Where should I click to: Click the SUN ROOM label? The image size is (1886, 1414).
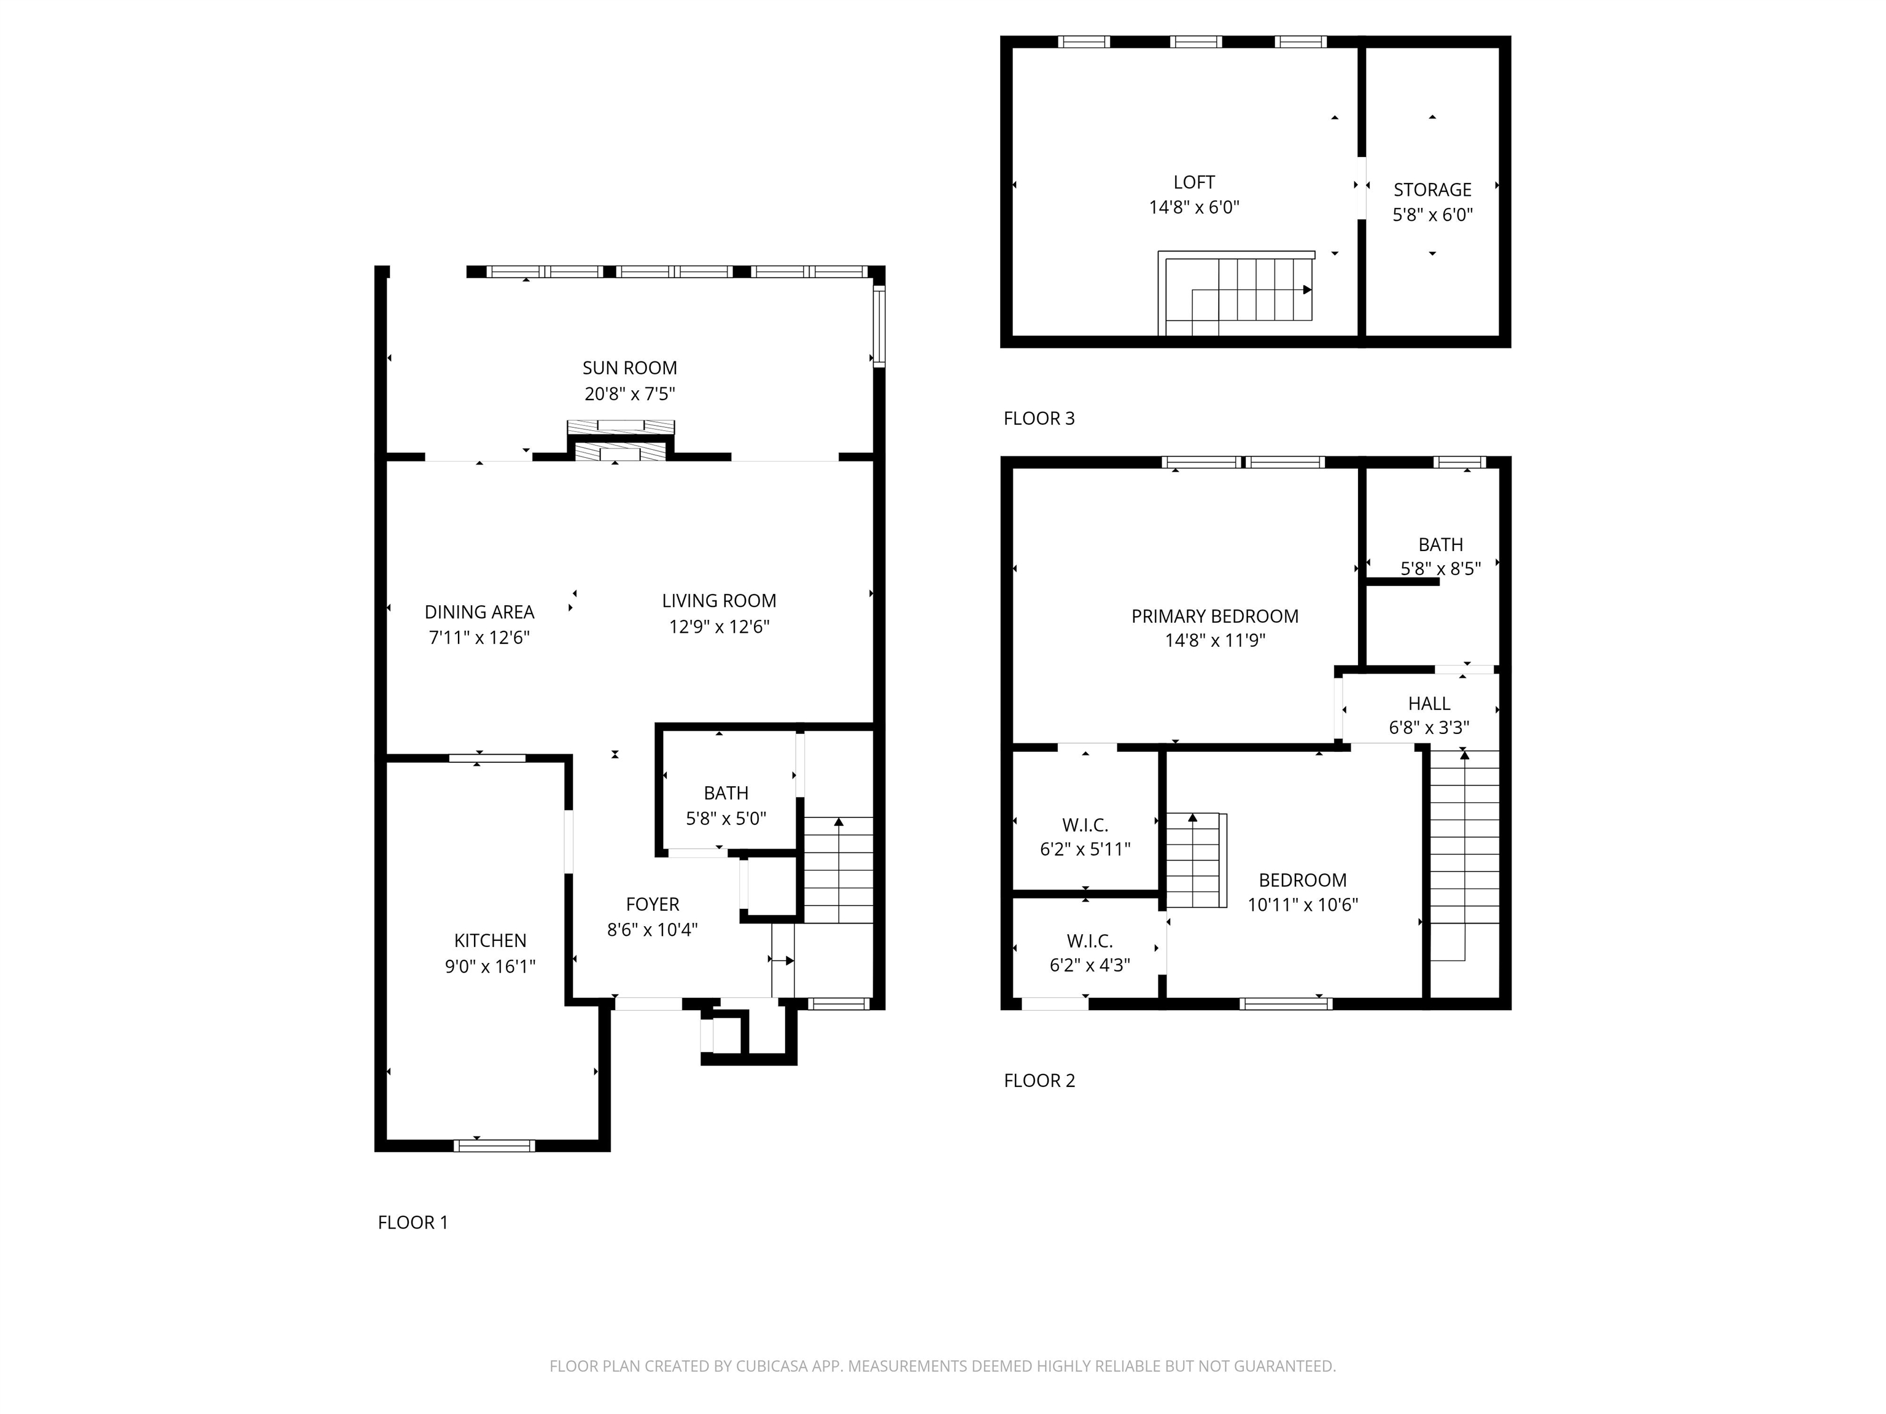click(629, 368)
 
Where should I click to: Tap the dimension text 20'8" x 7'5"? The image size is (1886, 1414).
click(629, 394)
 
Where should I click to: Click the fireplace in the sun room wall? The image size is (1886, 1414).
click(621, 441)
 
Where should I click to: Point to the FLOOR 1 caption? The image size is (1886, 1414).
click(413, 1223)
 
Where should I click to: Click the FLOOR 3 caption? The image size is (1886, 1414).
click(1039, 419)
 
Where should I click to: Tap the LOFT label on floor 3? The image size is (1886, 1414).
click(1193, 182)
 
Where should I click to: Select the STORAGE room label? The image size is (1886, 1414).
click(1432, 190)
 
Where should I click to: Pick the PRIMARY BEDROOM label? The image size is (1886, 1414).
click(1214, 616)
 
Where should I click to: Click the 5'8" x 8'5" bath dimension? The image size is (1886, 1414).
click(1440, 568)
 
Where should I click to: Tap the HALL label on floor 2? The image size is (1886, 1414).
click(1429, 703)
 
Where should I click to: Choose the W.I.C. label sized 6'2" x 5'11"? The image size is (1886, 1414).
click(1085, 825)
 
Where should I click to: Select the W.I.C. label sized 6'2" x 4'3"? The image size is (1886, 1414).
click(1090, 941)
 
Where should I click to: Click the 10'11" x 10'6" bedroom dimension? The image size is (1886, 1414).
click(1302, 905)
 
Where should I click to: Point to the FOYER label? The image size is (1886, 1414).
click(652, 905)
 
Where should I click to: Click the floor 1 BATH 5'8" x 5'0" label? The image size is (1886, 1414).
click(726, 794)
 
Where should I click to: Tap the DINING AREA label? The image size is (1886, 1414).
click(479, 612)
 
